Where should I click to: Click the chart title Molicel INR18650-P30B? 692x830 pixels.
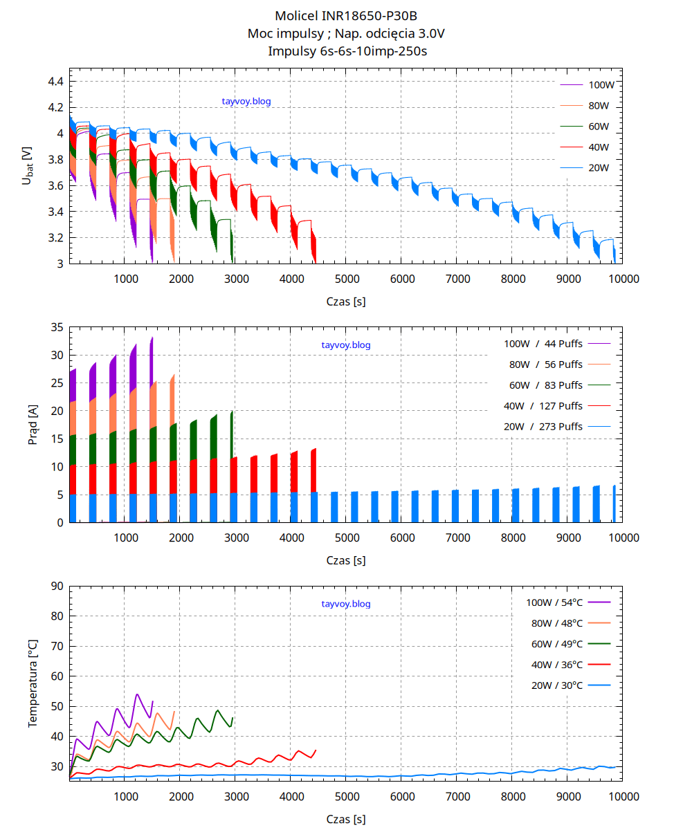pos(345,15)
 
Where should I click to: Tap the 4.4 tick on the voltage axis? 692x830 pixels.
pos(55,82)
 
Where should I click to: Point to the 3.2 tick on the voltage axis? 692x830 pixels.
pos(55,238)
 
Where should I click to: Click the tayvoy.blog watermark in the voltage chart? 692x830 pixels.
pos(246,101)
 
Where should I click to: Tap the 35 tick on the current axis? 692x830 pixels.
pos(56,327)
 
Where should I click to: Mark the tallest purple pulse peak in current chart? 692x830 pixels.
pos(152,338)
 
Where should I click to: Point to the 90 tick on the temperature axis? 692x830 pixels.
pos(56,586)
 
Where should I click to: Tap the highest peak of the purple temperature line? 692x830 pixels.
pos(137,694)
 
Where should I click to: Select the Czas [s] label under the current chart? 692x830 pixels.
pos(346,561)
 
